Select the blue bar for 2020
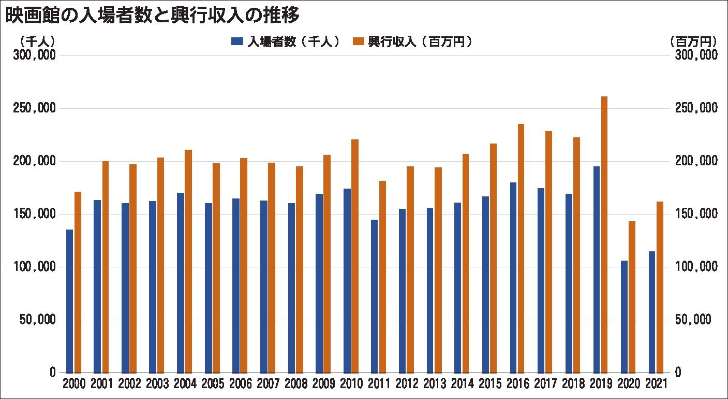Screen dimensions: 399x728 click(624, 317)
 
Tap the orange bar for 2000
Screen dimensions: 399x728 click(78, 282)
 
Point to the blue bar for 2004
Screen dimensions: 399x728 click(181, 282)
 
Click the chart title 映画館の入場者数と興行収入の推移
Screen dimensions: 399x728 click(153, 16)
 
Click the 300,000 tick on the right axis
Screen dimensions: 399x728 click(696, 55)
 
